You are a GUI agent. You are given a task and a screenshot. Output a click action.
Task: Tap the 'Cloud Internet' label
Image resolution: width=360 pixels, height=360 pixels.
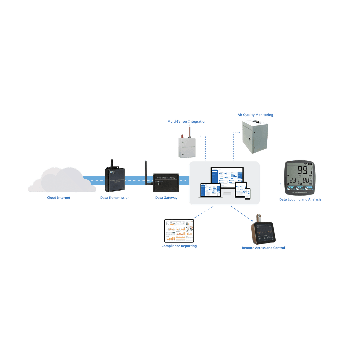tap(59, 198)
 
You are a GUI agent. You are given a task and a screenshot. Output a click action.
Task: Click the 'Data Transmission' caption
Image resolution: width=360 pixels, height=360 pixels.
tap(115, 198)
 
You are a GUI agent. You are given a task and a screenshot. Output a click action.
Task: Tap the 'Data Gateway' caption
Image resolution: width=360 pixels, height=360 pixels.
tap(166, 198)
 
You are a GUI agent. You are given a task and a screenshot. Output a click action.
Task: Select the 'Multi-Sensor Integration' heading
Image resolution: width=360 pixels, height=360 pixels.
tap(187, 121)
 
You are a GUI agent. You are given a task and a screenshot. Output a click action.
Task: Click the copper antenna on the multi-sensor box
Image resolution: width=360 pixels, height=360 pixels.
tap(189, 131)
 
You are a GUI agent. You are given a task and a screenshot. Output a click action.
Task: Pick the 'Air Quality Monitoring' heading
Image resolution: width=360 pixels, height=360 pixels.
tap(255, 115)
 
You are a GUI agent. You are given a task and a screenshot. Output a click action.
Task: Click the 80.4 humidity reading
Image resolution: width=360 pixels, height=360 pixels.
tap(307, 181)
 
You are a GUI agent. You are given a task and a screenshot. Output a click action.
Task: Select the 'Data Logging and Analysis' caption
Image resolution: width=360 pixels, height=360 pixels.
tap(300, 199)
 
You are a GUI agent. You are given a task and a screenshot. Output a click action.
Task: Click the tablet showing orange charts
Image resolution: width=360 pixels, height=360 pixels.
tap(179, 231)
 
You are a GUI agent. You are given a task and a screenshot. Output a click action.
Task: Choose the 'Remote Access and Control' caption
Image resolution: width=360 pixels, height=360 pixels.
tap(263, 248)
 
